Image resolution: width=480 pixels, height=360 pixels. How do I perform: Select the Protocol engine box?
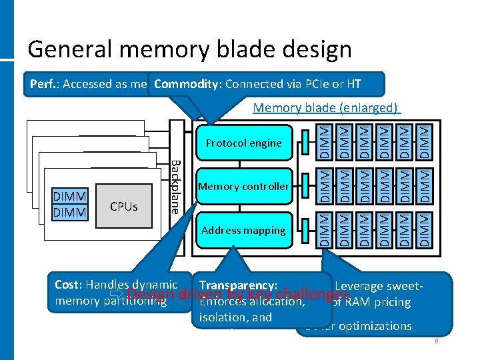point(243,143)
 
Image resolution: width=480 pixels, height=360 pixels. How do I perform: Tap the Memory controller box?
point(243,186)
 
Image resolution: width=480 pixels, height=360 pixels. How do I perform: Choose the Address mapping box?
point(243,230)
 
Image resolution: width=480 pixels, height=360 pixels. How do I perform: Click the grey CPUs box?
point(123,206)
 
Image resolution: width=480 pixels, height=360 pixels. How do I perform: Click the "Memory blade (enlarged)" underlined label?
point(326,108)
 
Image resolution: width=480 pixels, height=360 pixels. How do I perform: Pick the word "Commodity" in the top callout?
point(187,84)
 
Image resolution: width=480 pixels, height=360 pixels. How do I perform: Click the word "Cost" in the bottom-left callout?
point(67,285)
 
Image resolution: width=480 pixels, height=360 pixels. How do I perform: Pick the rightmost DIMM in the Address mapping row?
point(423,230)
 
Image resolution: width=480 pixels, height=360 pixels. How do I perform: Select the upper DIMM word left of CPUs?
point(69,198)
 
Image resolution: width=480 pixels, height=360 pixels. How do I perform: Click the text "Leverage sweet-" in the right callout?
point(378,286)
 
